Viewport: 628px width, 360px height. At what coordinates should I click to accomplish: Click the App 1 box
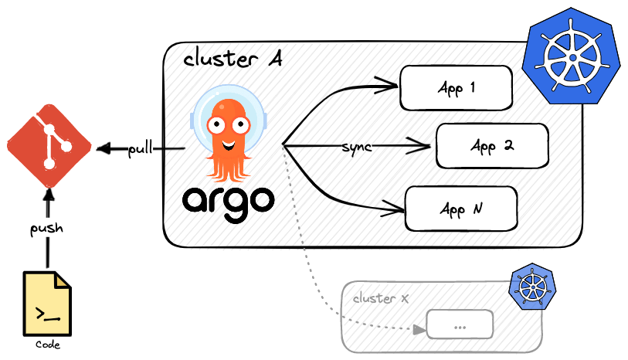[456, 88]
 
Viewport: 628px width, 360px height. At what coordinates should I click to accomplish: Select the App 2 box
[492, 145]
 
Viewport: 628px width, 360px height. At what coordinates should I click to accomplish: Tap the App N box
[461, 209]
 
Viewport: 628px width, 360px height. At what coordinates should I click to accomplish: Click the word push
[46, 229]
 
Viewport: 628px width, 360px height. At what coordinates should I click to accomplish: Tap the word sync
[357, 147]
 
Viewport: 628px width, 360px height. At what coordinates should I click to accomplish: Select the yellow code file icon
[47, 304]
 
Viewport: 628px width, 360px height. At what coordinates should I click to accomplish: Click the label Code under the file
[48, 345]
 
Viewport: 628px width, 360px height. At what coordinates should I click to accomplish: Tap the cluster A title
[231, 61]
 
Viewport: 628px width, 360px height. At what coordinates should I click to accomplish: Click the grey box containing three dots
[460, 324]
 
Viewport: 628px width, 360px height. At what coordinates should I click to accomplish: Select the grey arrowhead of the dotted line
[419, 329]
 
